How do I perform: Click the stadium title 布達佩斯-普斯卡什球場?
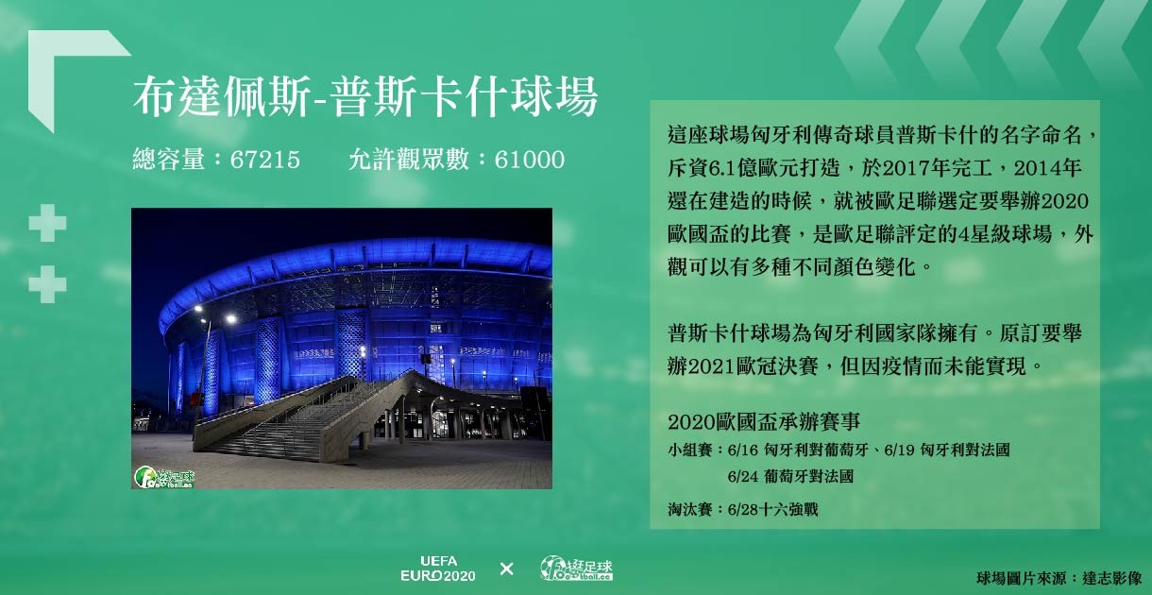point(365,96)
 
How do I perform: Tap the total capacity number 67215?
point(264,160)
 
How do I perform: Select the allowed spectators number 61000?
point(530,160)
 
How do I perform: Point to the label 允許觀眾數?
point(408,160)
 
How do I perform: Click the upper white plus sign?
point(47,223)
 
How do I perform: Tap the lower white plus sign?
point(47,284)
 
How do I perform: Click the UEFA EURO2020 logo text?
point(438,569)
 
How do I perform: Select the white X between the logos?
point(506,569)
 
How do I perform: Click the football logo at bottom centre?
point(577,569)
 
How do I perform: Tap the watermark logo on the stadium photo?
point(164,477)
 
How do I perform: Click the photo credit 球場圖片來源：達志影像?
point(1059,579)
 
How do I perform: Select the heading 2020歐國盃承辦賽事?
point(764,422)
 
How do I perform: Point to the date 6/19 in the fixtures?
point(900,450)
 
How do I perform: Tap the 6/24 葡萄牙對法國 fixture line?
point(790,477)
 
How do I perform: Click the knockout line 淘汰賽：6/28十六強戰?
point(742,510)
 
